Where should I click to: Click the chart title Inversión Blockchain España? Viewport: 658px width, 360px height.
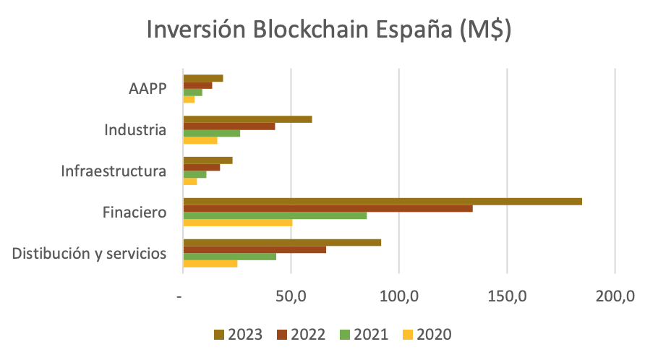point(329,31)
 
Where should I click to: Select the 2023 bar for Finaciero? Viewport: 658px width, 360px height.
point(383,202)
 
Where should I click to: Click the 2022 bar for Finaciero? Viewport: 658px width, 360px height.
point(328,208)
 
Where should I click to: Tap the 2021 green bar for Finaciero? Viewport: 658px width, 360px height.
point(275,215)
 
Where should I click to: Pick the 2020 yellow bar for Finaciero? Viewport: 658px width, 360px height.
point(237,223)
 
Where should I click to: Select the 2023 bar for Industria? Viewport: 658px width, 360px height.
point(247,119)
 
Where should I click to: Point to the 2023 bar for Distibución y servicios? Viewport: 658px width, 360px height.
point(282,242)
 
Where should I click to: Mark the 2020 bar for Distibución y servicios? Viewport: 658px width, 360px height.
point(210,264)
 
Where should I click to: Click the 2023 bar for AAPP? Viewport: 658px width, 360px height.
point(203,78)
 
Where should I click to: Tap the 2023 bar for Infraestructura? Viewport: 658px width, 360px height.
point(208,160)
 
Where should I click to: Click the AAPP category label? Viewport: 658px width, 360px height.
point(148,89)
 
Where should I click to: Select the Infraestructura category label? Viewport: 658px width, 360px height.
point(114,171)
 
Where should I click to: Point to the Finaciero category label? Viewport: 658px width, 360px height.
point(135,213)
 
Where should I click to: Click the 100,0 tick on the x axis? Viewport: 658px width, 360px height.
point(399,296)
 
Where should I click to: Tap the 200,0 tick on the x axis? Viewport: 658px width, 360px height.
point(615,296)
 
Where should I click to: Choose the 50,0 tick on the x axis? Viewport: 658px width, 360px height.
point(291,296)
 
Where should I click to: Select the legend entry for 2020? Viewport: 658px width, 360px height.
point(427,334)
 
